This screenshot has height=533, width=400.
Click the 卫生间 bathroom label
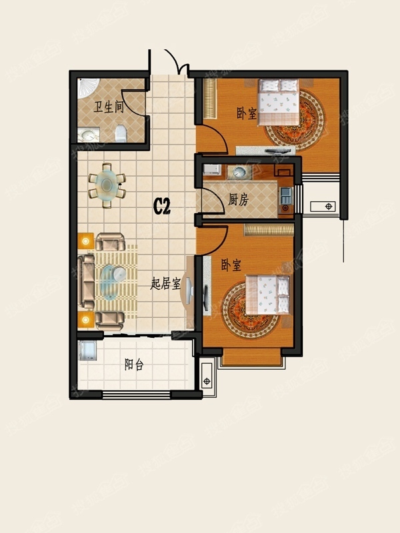109,107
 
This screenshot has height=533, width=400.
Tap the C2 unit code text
161,206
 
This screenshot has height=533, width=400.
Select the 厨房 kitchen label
238,199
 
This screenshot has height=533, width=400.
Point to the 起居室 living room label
165,284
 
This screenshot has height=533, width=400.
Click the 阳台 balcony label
134,364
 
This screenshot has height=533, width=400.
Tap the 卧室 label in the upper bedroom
247,113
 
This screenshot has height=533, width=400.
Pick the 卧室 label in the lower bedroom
231,265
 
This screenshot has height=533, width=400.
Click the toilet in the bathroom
121,134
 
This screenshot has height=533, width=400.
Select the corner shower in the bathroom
88,88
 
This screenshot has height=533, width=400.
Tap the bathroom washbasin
89,135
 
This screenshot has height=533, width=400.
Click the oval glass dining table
107,185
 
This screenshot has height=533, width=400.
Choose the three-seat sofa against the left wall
86,282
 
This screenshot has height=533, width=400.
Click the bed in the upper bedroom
279,103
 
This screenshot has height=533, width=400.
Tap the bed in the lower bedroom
267,294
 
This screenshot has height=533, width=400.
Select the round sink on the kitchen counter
239,172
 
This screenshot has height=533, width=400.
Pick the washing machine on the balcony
87,351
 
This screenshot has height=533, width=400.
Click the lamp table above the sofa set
86,242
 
